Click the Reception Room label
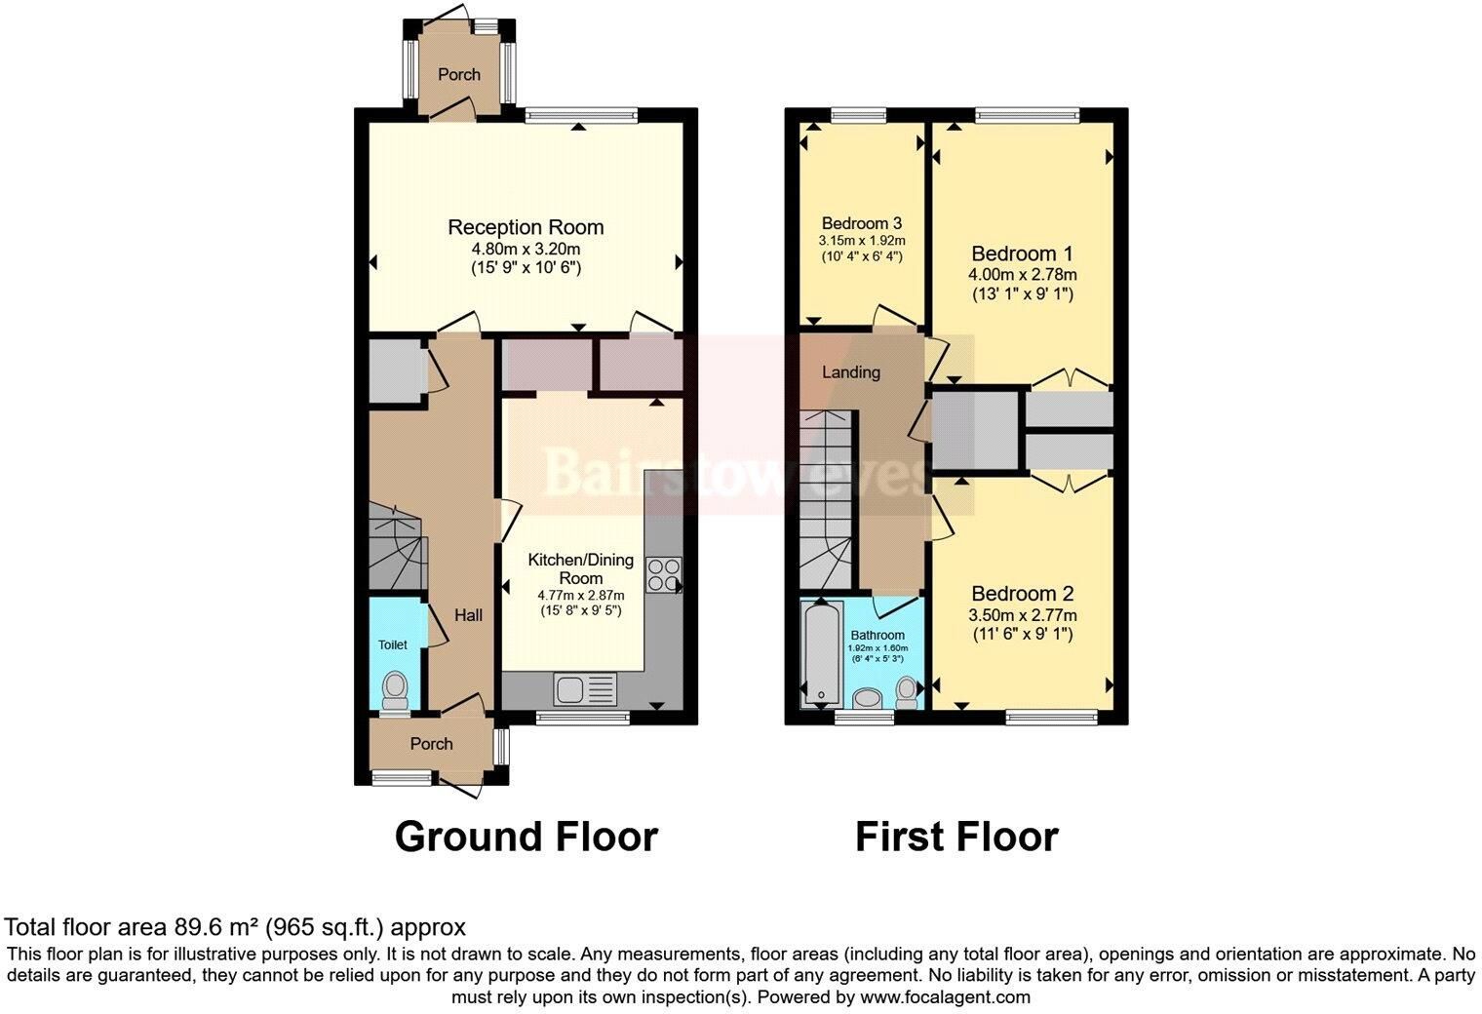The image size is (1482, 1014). coord(526,227)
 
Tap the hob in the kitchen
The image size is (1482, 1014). coord(664,575)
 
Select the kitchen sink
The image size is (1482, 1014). coord(586,690)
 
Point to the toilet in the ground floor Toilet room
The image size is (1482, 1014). coord(396,691)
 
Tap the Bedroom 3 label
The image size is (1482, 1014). coord(862,223)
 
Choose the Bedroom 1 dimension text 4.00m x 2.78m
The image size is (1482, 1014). coord(1022,274)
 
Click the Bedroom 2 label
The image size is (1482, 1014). coord(1022,594)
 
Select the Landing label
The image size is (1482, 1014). coord(851,372)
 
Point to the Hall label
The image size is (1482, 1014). coord(468,615)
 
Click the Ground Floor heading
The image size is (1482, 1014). coord(526,837)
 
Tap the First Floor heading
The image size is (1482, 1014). coord(956,837)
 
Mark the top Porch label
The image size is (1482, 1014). coord(458,74)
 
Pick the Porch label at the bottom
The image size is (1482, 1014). coord(431,744)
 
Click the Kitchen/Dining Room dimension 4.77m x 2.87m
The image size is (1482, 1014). coord(581,596)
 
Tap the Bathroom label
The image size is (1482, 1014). coord(877,635)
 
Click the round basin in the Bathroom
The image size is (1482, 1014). coord(867,698)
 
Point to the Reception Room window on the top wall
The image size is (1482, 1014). coord(581,116)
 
